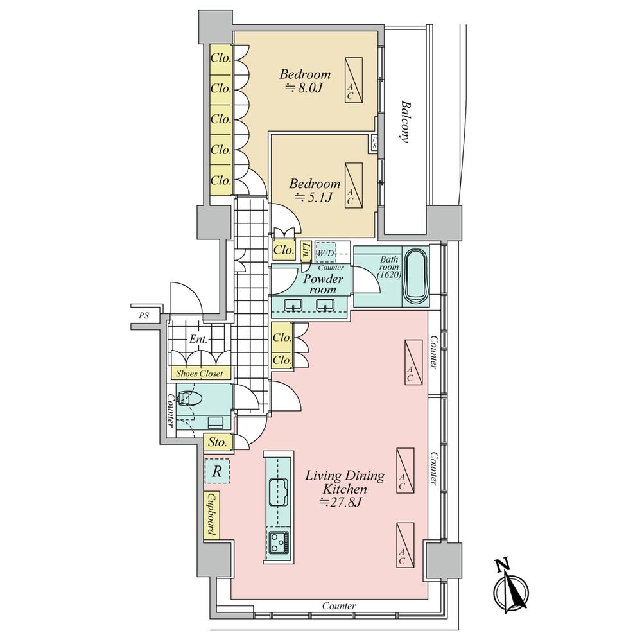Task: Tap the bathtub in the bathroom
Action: tap(415, 276)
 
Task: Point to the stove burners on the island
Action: tap(279, 542)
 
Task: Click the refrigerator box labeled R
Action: tap(217, 471)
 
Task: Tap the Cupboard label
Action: tap(212, 515)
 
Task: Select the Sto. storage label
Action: tap(217, 442)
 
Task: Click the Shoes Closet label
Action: tap(200, 373)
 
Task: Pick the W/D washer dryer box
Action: tap(326, 252)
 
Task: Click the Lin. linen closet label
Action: tap(306, 252)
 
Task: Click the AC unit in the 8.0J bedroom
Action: tap(354, 80)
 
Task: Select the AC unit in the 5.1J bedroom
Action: tap(354, 186)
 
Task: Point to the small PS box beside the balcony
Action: tap(374, 143)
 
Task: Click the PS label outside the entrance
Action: tap(144, 316)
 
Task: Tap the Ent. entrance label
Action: tap(198, 340)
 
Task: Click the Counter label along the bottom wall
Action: tap(339, 605)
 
